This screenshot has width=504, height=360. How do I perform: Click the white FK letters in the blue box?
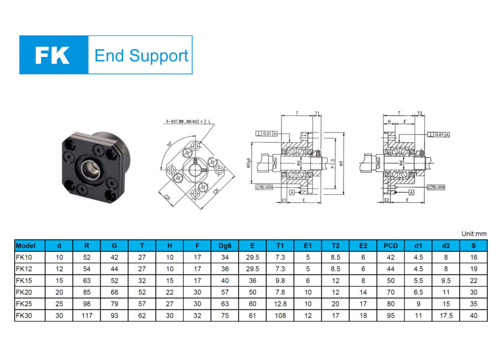point(52,55)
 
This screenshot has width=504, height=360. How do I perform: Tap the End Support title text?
point(141,55)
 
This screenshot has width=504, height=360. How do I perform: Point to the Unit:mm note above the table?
point(473,234)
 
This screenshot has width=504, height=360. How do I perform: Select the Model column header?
point(26,245)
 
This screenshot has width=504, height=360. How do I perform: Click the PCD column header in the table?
point(390,245)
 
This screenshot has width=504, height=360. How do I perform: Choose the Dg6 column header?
point(225,245)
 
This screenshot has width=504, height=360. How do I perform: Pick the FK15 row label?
point(23,280)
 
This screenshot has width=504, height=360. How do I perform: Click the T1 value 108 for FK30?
point(280,315)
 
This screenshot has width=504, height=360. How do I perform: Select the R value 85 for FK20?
point(87,292)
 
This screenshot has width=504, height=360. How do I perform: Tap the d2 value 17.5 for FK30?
point(445,315)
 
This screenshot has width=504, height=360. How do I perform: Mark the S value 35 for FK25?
point(473,304)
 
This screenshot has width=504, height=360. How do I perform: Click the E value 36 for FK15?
point(252,280)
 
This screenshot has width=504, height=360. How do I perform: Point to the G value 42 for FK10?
point(114,257)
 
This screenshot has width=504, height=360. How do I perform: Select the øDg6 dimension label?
point(249,162)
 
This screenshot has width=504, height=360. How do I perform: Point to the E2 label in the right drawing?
point(387,201)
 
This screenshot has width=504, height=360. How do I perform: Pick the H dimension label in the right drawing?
point(389,121)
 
